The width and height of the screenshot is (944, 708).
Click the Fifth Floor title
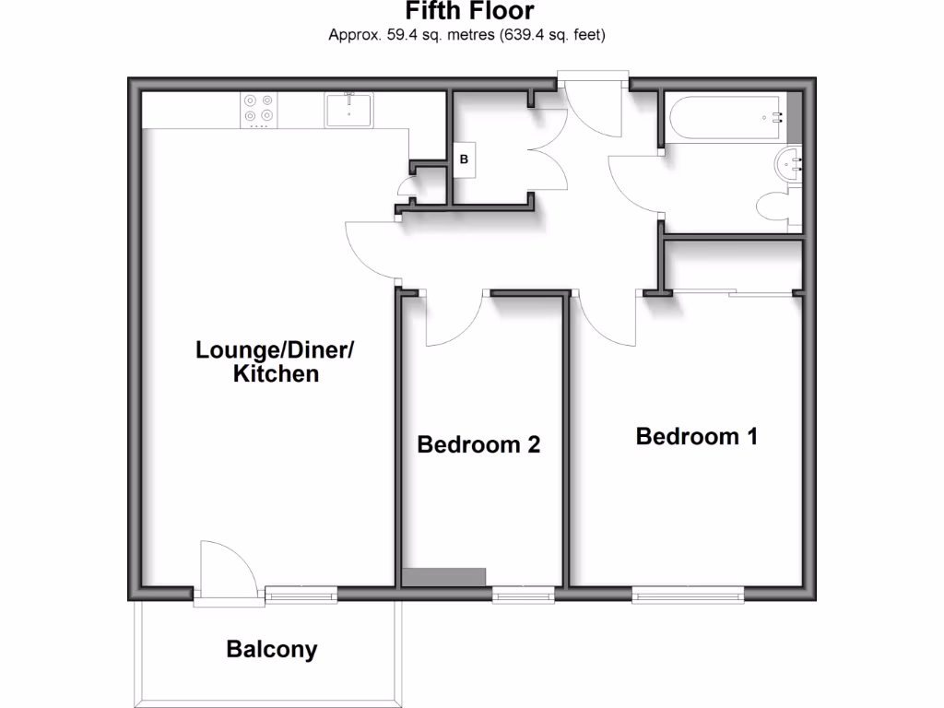point(470,11)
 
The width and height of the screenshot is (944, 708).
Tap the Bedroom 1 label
point(696,436)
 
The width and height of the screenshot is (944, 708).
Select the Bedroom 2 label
point(478,444)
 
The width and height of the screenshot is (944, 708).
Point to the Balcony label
point(272,649)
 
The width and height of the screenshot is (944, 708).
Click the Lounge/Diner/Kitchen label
point(275,361)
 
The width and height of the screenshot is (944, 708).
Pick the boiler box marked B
point(464,159)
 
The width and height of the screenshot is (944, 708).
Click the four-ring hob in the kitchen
point(258,109)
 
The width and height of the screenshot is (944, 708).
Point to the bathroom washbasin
point(790,166)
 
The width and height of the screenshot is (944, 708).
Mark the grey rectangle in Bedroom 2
point(444,576)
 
